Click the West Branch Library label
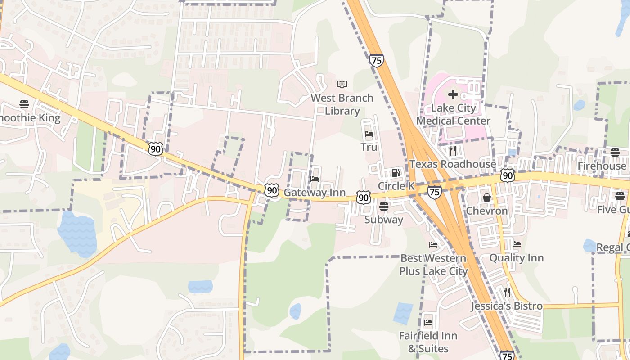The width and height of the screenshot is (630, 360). [342, 104]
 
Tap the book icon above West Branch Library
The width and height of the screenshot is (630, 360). [342, 84]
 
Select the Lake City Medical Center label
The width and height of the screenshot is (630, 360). [453, 114]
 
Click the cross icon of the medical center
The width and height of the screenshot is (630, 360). [453, 94]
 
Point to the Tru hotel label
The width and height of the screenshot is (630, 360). [369, 147]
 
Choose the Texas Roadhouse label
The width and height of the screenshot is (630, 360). [453, 164]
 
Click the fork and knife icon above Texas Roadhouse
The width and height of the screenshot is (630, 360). [453, 151]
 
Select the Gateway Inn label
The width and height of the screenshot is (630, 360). [315, 193]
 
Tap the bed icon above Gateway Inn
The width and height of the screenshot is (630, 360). [315, 179]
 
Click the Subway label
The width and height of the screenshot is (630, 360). [384, 220]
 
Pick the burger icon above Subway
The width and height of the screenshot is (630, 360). [384, 206]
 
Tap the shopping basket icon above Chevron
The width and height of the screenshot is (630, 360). [487, 197]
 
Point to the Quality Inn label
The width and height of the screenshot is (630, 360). [517, 258]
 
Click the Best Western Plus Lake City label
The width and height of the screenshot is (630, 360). [433, 265]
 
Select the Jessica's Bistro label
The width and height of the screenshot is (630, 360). [507, 306]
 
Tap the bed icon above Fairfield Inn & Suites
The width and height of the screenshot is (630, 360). [428, 323]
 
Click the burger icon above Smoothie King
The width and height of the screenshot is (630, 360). [24, 104]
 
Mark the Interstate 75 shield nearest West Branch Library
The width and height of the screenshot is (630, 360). [377, 60]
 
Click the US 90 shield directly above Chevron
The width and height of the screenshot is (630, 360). [507, 175]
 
